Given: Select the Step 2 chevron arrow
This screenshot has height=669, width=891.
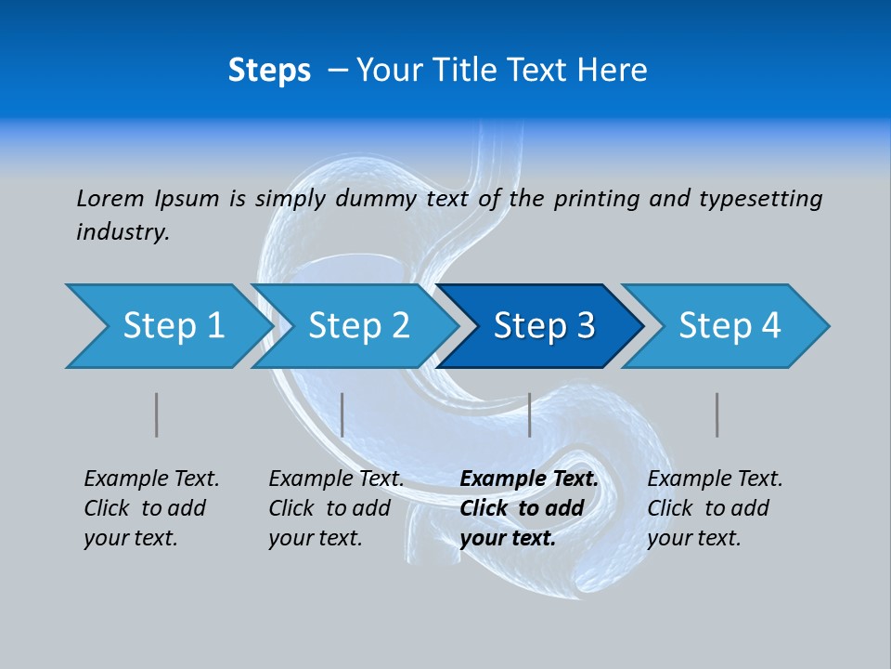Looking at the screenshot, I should pyautogui.click(x=353, y=326).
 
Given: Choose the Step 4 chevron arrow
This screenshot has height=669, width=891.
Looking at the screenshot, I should pyautogui.click(x=726, y=326).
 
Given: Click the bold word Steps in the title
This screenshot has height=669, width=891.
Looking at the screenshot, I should pyautogui.click(x=269, y=71).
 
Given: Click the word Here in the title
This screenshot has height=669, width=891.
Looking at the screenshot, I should pyautogui.click(x=612, y=71).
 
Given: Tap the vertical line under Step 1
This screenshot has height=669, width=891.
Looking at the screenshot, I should pyautogui.click(x=157, y=414).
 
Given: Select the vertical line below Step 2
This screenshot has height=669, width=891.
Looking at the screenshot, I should pyautogui.click(x=342, y=414).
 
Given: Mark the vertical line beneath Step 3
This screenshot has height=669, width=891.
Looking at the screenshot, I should pyautogui.click(x=529, y=414).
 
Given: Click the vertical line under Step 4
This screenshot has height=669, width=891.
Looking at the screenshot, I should pyautogui.click(x=717, y=414).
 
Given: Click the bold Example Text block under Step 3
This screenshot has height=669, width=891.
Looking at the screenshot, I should pyautogui.click(x=529, y=508).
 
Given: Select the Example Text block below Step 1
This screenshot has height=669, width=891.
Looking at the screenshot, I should pyautogui.click(x=151, y=508).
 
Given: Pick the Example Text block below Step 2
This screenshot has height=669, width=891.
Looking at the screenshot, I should pyautogui.click(x=336, y=508).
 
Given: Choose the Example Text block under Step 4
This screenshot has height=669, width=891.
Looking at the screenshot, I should pyautogui.click(x=715, y=508).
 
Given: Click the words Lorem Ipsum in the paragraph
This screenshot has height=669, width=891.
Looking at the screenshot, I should pyautogui.click(x=148, y=198).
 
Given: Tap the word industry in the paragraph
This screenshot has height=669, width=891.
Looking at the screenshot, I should pyautogui.click(x=122, y=232).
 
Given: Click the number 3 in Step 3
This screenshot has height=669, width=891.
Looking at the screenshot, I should pyautogui.click(x=584, y=326).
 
